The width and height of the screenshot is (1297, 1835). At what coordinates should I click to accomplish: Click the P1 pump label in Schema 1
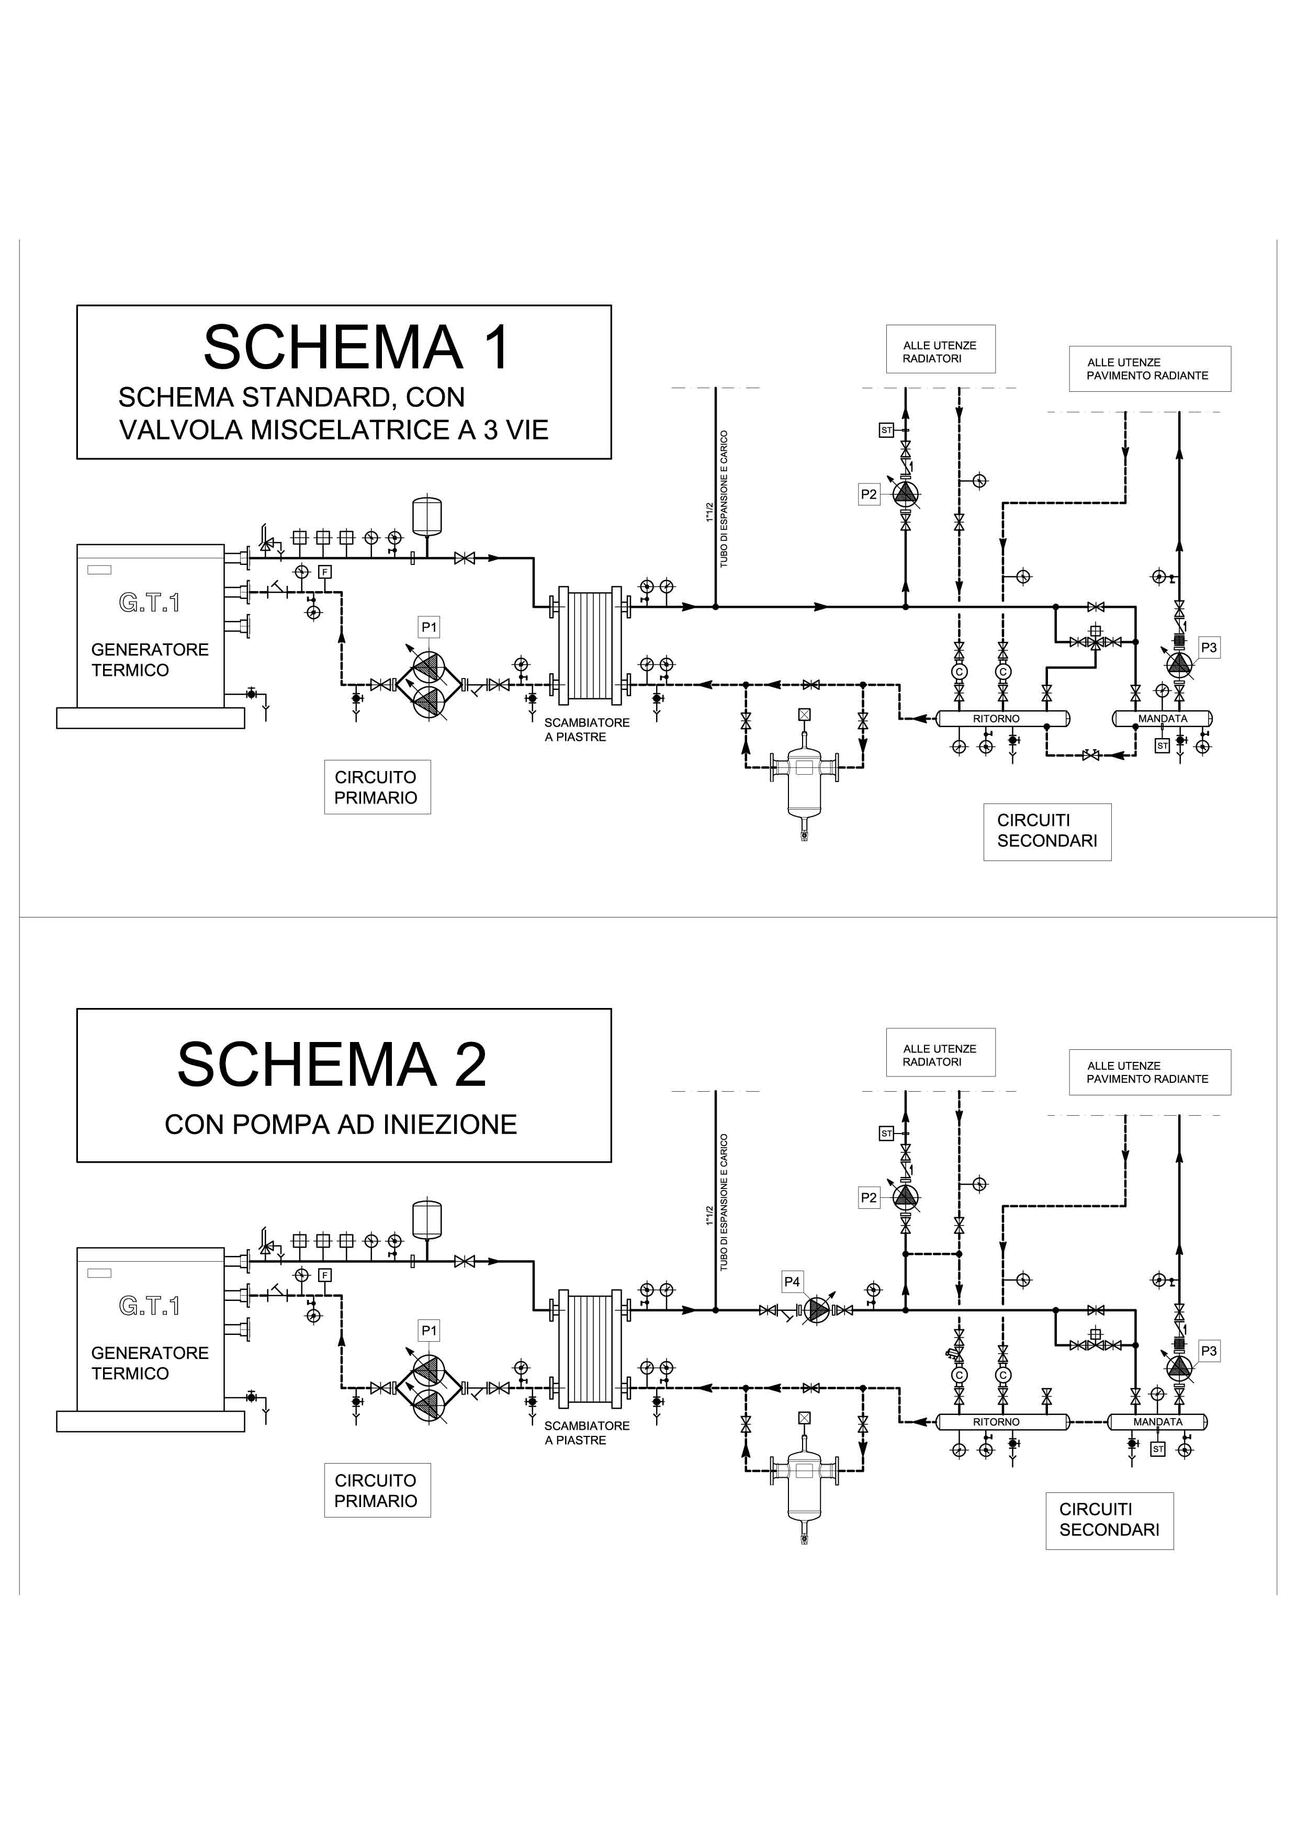[x=429, y=627]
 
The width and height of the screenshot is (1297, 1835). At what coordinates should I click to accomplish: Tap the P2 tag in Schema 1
[x=869, y=494]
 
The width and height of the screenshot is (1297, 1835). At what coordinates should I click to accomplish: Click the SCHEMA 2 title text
[x=332, y=1064]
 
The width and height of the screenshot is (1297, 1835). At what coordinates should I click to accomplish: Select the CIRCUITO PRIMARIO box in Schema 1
[x=376, y=787]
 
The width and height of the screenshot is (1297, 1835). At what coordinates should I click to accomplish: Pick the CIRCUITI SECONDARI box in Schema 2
[x=1109, y=1520]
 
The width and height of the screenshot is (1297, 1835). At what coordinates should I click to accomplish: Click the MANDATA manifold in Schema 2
[x=1158, y=1422]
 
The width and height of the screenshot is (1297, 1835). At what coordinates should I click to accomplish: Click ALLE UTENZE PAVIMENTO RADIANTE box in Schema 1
[x=1149, y=368]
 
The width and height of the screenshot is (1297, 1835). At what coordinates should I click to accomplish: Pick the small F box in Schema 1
[x=324, y=571]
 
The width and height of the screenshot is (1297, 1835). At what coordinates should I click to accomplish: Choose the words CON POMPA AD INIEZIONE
[x=341, y=1125]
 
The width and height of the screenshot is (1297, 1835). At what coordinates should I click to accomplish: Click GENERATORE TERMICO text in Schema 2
[x=150, y=1363]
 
